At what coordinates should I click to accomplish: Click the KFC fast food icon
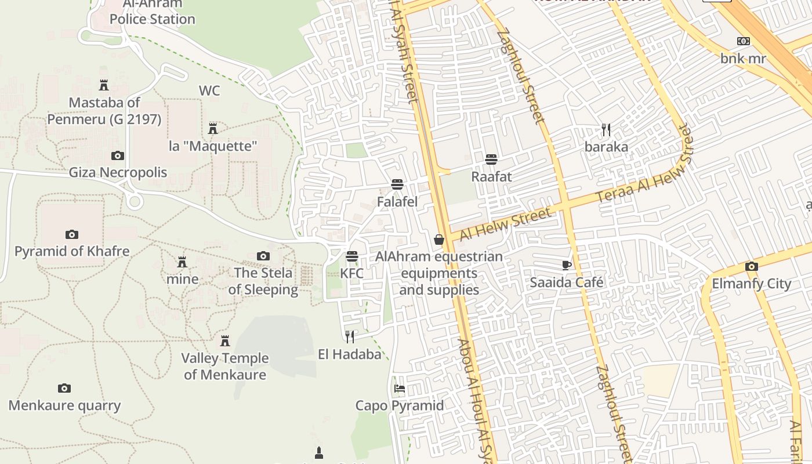[351, 256]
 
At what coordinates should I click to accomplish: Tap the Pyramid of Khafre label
[72, 252]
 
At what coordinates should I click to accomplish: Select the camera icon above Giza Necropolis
[117, 155]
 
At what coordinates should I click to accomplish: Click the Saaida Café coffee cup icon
[567, 265]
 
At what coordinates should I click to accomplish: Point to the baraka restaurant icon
[606, 129]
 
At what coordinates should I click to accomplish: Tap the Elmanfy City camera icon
[751, 266]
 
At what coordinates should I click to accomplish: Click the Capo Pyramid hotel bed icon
[400, 388]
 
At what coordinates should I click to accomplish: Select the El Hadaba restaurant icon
[350, 337]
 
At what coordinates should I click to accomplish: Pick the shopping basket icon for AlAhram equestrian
[439, 239]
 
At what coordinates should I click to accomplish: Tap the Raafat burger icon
[491, 159]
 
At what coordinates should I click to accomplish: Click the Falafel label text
[397, 202]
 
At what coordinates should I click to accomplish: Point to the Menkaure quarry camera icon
[64, 388]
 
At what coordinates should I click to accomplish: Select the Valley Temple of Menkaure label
[225, 366]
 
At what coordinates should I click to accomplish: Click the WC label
[209, 90]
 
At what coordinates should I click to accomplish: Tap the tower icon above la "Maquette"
[213, 128]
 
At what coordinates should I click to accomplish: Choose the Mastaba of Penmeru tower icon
[104, 85]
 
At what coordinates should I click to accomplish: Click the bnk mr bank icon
[743, 41]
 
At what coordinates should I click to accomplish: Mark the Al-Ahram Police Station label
[152, 12]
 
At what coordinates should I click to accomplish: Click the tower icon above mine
[182, 262]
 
